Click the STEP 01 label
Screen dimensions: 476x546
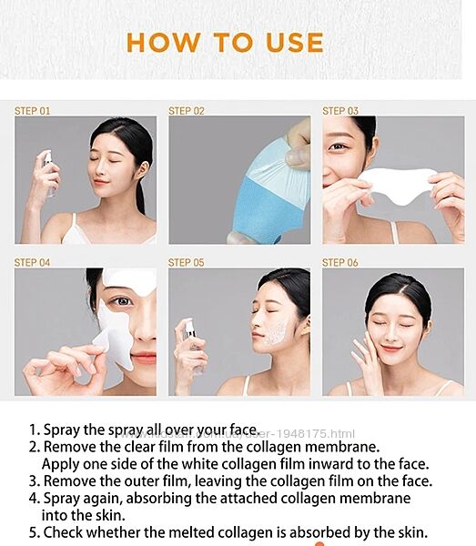(x=32, y=111)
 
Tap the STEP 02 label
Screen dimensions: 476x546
(x=187, y=111)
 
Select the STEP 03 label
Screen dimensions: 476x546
(x=340, y=111)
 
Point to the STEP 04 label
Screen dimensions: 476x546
(x=32, y=262)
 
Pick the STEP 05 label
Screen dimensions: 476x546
(x=186, y=262)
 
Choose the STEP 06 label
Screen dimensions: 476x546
(x=339, y=262)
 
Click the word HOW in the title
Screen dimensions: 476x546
(x=163, y=43)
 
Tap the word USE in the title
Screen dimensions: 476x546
(x=295, y=43)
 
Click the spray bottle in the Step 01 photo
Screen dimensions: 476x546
(x=48, y=173)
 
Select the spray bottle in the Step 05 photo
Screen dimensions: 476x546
(x=193, y=346)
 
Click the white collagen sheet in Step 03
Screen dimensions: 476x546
(x=398, y=184)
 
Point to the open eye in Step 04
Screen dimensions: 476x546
(x=121, y=300)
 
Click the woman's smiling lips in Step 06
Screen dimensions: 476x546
(x=390, y=349)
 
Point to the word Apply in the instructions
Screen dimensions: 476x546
(x=60, y=464)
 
